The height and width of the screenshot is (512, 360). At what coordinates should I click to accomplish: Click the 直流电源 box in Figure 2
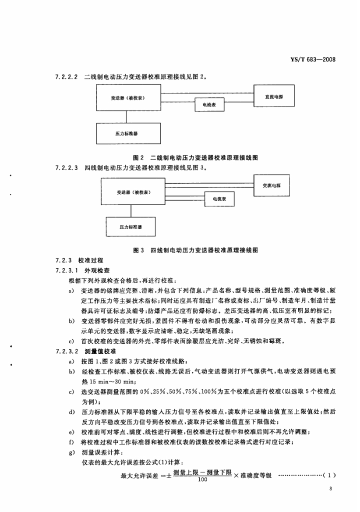273,96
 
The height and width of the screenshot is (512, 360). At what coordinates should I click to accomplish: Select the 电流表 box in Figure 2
209,104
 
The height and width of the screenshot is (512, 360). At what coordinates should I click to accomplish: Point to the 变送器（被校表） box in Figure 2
127,98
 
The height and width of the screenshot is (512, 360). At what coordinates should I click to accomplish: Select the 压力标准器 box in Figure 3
131,227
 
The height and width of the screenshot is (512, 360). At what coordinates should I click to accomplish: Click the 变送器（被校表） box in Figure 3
134,192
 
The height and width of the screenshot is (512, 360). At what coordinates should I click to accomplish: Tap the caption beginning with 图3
195,249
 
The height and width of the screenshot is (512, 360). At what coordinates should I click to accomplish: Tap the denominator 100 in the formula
203,480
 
